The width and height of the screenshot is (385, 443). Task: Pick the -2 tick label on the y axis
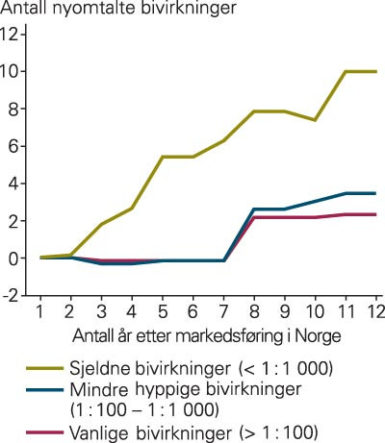pos(11,297)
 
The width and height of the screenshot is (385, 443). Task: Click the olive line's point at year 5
pos(163,157)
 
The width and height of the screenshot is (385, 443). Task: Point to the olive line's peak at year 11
pos(345,72)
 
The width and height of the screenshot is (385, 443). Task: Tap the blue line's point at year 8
pos(253,209)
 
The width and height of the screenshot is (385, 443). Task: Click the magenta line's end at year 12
pos(375,214)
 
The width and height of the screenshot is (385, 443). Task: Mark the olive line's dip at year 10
pos(315,120)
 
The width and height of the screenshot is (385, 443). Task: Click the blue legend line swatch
pos(46,391)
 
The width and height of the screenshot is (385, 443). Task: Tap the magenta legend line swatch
pos(46,431)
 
